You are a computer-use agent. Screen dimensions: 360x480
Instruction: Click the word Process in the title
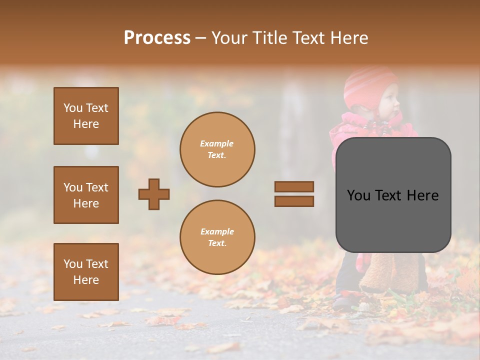point(157,38)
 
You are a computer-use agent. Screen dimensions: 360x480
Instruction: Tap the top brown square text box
point(86,116)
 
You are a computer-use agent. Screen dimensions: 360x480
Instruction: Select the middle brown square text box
point(86,195)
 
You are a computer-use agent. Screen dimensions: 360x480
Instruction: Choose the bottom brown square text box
point(86,272)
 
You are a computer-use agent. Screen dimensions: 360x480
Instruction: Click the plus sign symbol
point(154,194)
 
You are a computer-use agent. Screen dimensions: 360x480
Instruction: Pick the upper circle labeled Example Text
point(217,149)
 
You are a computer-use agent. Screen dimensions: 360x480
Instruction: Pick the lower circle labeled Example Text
point(217,237)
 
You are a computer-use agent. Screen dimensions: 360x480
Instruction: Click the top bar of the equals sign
point(294,186)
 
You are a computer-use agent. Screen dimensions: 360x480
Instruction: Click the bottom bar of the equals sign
point(294,201)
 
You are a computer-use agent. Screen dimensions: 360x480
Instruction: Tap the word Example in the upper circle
point(217,143)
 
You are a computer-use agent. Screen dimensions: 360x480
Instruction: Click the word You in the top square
point(72,108)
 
